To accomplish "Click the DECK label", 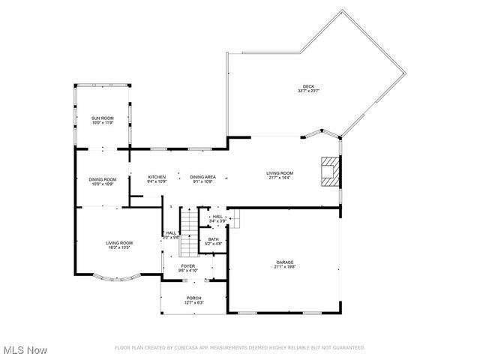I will (x=307, y=86).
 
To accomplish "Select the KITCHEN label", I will (x=156, y=177).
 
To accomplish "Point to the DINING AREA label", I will (x=202, y=177).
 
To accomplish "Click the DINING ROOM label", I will (x=103, y=179).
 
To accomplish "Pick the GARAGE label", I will (x=284, y=262).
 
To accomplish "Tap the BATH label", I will (x=214, y=239).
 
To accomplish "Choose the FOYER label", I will (x=188, y=265).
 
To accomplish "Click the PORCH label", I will (x=193, y=298).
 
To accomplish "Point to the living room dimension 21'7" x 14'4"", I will (x=280, y=178).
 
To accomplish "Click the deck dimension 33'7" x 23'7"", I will (x=307, y=91).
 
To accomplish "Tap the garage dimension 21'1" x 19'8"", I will (x=284, y=266).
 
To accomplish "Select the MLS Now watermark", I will (x=25, y=350).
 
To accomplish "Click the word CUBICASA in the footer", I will (x=183, y=348).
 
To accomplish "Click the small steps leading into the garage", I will (x=234, y=220).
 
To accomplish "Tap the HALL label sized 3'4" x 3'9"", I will (x=217, y=216).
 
